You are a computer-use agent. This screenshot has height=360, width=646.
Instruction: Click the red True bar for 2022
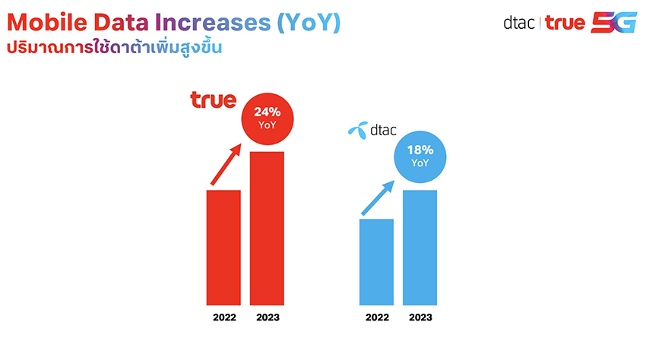point(223,247)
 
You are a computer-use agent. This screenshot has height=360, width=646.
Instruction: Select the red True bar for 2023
point(267,228)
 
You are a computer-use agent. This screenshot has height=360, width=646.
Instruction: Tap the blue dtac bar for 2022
point(376,261)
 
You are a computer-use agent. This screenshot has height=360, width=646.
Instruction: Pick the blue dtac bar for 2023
point(420,247)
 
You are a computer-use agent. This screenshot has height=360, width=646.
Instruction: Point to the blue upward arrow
point(378,197)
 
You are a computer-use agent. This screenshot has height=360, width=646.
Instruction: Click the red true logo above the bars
point(213,99)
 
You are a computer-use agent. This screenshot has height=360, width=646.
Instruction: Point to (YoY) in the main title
point(308,23)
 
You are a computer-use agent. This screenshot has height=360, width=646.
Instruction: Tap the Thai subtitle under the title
point(114,46)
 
